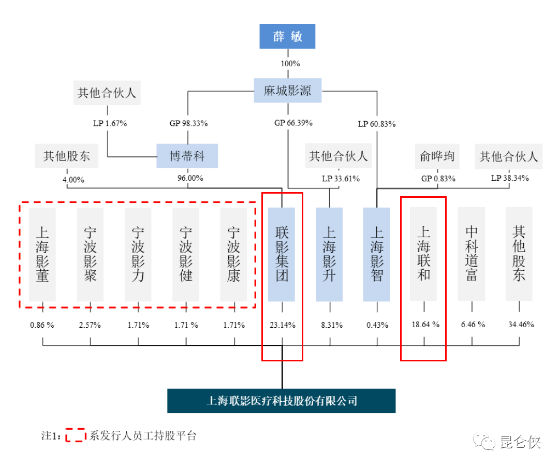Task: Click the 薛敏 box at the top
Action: pos(287,36)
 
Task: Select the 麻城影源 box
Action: pos(287,91)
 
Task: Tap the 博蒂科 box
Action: pos(187,155)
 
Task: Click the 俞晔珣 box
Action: pos(437,156)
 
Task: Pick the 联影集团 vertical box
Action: pos(282,254)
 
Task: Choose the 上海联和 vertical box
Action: pos(423,254)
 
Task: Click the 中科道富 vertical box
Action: pos(472,254)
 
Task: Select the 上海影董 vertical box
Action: pos(42,254)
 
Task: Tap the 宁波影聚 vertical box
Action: pos(90,254)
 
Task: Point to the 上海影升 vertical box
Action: pos(329,254)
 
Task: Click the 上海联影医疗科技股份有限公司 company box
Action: pos(282,401)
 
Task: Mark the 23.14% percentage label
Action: pos(282,325)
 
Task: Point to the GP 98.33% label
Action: pos(188,124)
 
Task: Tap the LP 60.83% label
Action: pos(377,124)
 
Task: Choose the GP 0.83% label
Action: pos(438,179)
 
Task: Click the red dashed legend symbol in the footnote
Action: pos(76,435)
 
